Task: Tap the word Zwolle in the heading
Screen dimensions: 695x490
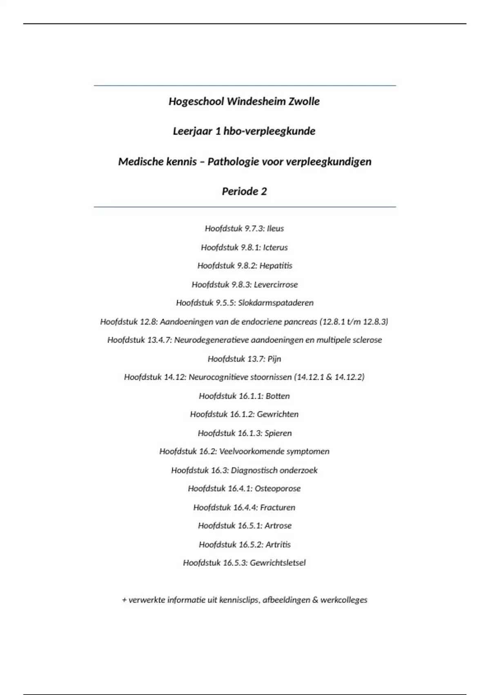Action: point(304,101)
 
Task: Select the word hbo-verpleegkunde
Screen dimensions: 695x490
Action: point(269,131)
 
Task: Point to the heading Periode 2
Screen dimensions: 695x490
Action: point(244,191)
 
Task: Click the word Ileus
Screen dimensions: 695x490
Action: point(275,229)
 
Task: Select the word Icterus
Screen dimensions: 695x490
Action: point(275,247)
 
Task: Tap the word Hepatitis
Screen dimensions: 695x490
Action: point(276,266)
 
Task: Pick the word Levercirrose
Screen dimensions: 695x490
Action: point(276,285)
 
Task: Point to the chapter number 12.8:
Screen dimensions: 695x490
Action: point(149,322)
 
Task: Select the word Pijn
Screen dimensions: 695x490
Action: point(274,359)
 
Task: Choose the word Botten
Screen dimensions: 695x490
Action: point(278,396)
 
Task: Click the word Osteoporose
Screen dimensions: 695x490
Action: point(278,489)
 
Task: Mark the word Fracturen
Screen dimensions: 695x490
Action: point(278,507)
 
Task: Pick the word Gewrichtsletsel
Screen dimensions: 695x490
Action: point(278,563)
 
